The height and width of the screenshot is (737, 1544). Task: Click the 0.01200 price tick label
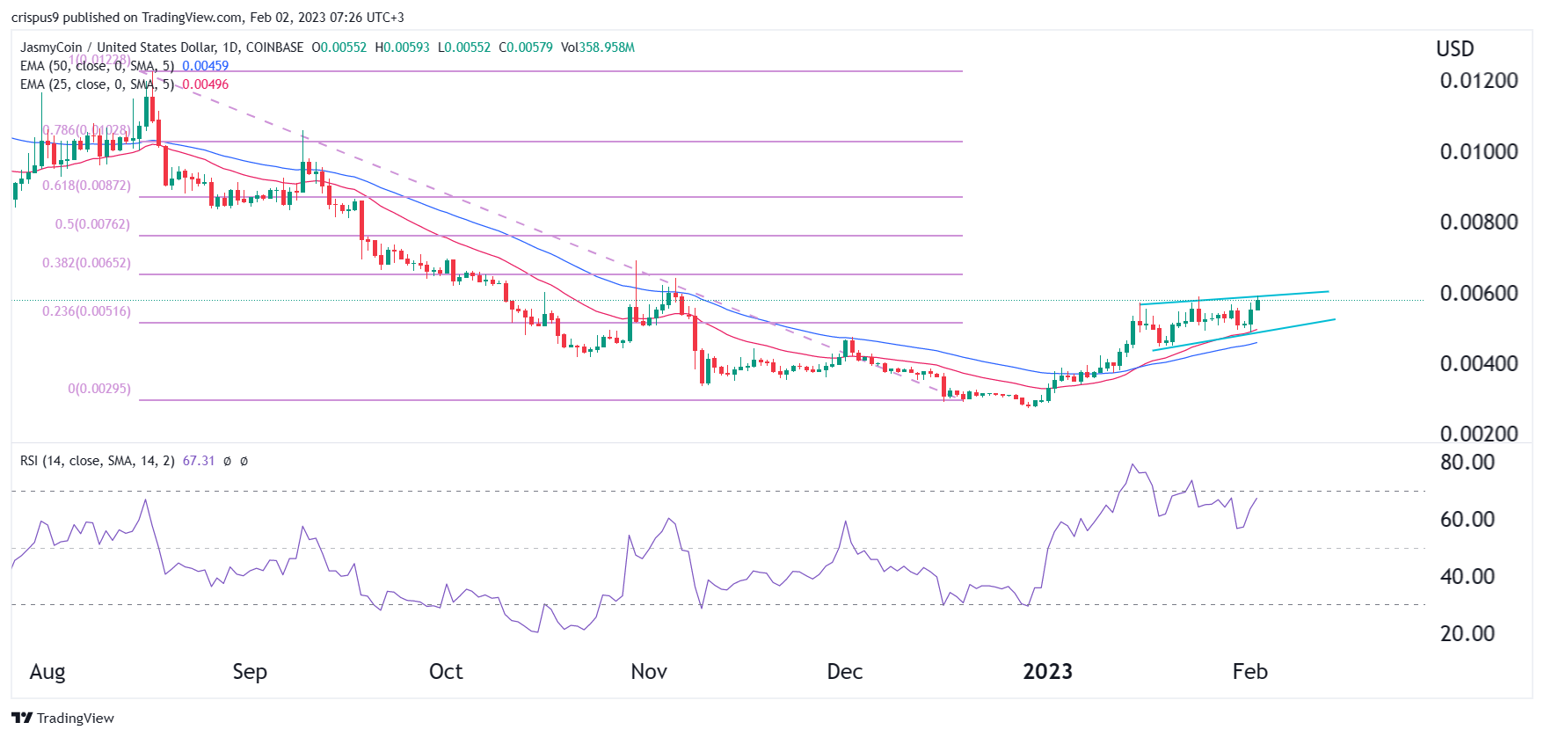1478,81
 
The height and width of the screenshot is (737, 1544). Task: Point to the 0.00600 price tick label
1478,294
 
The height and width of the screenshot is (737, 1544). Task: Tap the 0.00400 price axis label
1478,364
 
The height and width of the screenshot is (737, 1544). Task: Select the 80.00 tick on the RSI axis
1467,463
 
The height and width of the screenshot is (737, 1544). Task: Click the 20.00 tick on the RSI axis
1467,634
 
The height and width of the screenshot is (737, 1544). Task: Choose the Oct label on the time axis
446,672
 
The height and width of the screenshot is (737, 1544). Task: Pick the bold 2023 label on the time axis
1047,672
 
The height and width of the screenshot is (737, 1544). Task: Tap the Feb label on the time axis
1249,672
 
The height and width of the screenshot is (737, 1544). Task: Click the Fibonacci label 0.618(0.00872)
86,186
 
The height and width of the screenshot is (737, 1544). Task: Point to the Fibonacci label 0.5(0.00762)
92,224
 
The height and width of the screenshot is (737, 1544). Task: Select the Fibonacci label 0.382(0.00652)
86,263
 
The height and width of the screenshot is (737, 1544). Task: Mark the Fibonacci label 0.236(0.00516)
86,311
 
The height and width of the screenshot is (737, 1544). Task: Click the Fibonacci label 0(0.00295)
99,389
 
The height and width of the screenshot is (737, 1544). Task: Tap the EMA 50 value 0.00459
205,66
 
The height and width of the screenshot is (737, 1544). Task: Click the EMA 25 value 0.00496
205,84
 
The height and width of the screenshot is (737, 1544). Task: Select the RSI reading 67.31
199,461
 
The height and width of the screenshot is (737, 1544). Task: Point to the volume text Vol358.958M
598,47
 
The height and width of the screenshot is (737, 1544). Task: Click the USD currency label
1454,49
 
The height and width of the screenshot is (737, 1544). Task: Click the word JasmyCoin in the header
51,47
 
